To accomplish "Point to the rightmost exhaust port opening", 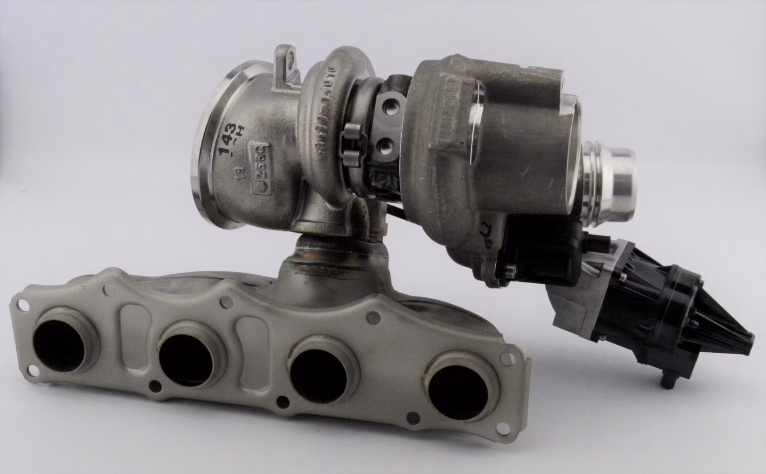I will pos(458,393).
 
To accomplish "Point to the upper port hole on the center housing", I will pos(388,107).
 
